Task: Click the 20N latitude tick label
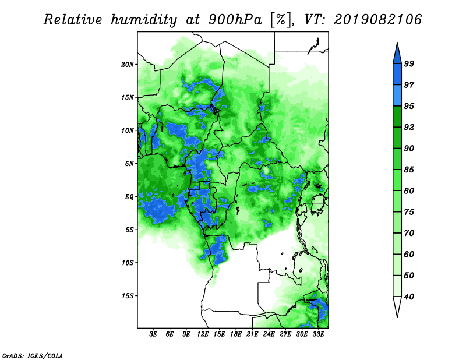click(x=128, y=64)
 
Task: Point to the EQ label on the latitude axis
click(x=129, y=197)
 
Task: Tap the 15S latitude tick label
click(x=128, y=296)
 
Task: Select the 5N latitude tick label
click(x=129, y=164)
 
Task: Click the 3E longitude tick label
click(x=153, y=334)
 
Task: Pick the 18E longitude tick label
click(x=236, y=334)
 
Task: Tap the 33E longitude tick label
click(x=318, y=334)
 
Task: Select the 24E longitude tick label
click(x=269, y=334)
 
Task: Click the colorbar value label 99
click(x=409, y=63)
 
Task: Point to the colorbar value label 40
click(x=409, y=297)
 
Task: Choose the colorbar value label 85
click(x=409, y=170)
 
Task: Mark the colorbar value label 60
click(x=409, y=254)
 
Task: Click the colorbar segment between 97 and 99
click(x=397, y=75)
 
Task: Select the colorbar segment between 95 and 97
click(x=397, y=96)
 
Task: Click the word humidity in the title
click(x=144, y=20)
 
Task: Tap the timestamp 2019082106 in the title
click(x=377, y=20)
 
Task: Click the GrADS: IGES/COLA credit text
click(x=33, y=355)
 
